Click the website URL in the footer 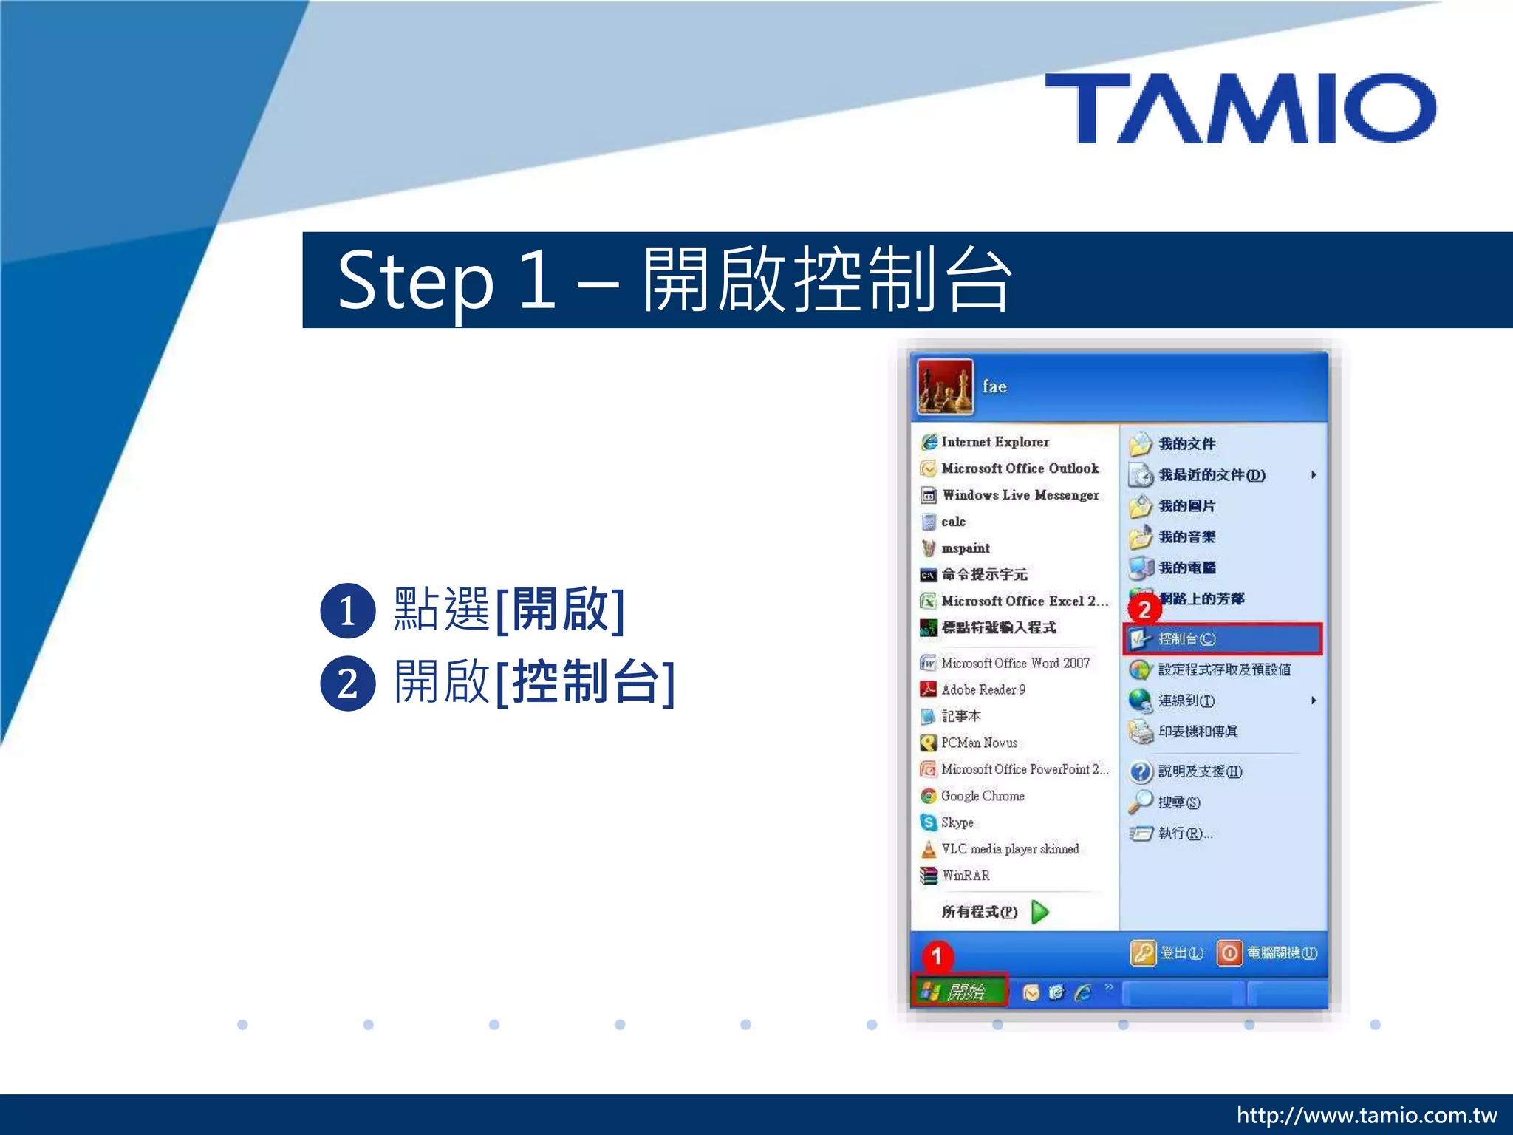click(1366, 1114)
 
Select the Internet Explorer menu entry click(994, 442)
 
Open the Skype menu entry click(956, 822)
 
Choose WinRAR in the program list click(964, 876)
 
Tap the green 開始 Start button click(960, 991)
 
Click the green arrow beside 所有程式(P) click(1039, 912)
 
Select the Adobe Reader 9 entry click(982, 689)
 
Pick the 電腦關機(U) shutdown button click(1268, 953)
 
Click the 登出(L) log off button click(1167, 953)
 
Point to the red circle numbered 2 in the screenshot click(1144, 610)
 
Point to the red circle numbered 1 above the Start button click(937, 956)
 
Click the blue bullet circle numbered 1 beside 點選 click(347, 611)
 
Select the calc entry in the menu click(952, 522)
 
